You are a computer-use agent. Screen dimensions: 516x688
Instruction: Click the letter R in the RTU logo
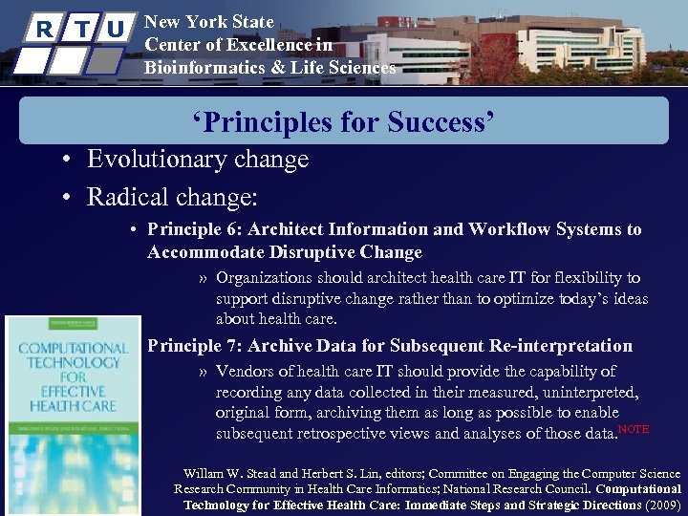42,29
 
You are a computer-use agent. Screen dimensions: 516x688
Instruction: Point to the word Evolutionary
158,159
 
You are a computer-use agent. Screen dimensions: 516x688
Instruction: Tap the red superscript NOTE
634,429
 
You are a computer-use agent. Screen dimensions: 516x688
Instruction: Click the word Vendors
246,371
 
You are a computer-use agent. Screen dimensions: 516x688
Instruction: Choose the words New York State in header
208,22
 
